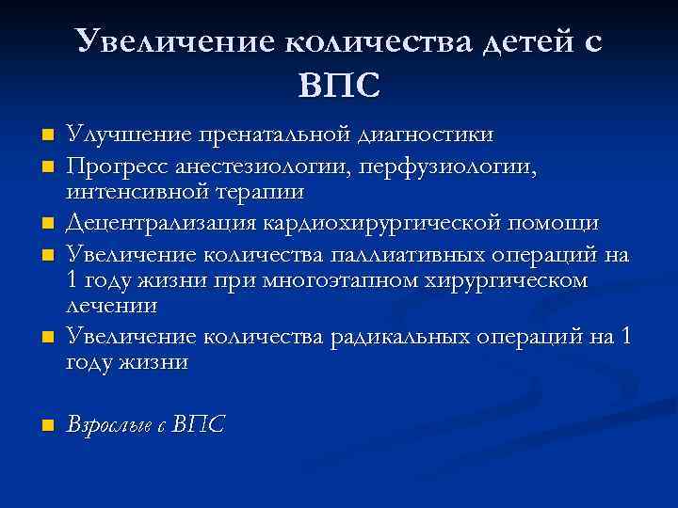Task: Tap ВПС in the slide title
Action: [339, 86]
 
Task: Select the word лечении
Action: [111, 307]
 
